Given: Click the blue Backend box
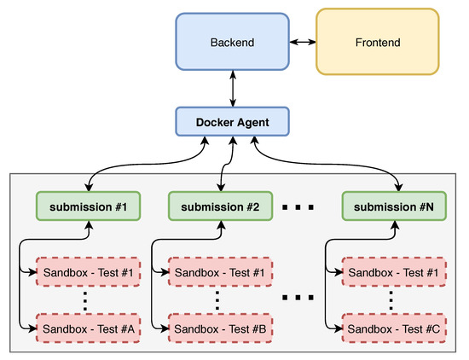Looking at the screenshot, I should tap(233, 41).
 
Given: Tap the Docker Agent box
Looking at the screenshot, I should tap(233, 122).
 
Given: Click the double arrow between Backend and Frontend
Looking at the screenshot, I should tap(302, 41).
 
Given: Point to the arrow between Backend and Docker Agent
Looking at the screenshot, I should tap(233, 90).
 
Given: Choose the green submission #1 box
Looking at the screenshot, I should tap(88, 206).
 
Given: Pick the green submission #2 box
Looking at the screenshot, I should tap(220, 206).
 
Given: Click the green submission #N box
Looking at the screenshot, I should tap(393, 206).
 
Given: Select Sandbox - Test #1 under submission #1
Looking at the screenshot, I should tap(88, 272).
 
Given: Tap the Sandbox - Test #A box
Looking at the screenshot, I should tap(88, 327).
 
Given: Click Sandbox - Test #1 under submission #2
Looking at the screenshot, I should tap(220, 272).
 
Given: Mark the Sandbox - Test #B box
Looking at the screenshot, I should tap(220, 327).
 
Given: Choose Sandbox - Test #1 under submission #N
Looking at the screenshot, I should tap(393, 272).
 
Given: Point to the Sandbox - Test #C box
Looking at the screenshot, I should tap(393, 327).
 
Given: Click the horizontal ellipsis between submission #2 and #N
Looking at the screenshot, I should tap(298, 207).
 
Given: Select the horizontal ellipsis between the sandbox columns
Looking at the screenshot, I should tap(298, 299).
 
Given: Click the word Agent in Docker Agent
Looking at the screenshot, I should tap(252, 122).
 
